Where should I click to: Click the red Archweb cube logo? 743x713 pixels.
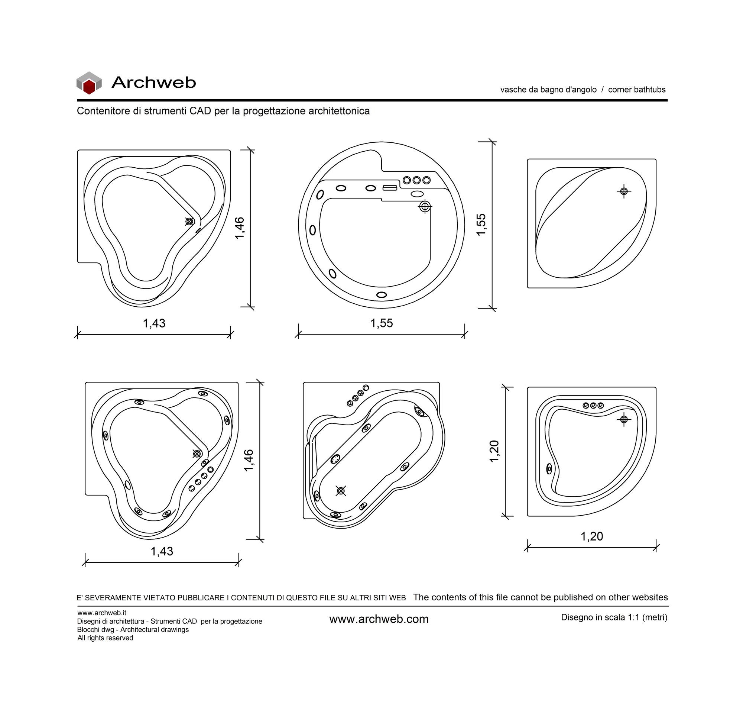[x=89, y=83]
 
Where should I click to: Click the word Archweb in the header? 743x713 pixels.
[x=153, y=82]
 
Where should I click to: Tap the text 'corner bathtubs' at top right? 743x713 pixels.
[x=637, y=90]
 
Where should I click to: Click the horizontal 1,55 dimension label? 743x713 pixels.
[x=382, y=323]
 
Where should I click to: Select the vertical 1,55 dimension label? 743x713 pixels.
[x=481, y=225]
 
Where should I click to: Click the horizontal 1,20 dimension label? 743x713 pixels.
[x=592, y=536]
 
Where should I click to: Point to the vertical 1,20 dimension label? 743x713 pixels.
[x=494, y=451]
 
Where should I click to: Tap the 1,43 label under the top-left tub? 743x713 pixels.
[x=154, y=323]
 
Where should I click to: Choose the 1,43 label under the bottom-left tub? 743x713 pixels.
[x=162, y=551]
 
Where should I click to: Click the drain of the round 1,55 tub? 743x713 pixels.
[x=425, y=207]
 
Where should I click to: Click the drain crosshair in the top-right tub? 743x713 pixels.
[x=624, y=191]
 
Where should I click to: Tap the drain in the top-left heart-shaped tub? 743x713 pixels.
[x=189, y=222]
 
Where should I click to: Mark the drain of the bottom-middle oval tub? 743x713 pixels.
[x=341, y=491]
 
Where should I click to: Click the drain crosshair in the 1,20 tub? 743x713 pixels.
[x=624, y=419]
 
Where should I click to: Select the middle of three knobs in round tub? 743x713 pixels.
[x=416, y=180]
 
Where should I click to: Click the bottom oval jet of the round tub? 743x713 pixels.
[x=382, y=295]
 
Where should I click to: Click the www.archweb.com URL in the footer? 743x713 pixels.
[x=379, y=619]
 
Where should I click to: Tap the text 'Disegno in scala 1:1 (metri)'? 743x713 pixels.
[x=614, y=617]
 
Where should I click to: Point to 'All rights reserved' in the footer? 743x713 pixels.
[x=106, y=638]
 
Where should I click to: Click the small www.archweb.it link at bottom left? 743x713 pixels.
[x=101, y=613]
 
